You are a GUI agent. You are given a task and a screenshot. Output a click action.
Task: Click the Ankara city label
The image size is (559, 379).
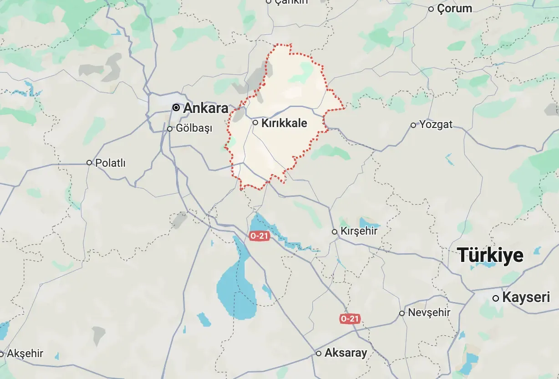coord(205,108)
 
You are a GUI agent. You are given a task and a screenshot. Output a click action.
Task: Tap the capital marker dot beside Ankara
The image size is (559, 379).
coord(176,108)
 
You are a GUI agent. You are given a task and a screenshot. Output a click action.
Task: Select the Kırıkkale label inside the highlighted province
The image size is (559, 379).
coord(284,123)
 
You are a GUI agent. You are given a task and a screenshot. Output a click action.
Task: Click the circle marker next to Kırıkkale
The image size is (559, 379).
coord(255,123)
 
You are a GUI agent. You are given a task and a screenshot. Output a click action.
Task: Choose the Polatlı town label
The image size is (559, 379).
coord(110,163)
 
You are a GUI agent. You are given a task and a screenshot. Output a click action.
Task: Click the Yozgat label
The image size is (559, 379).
coord(436,124)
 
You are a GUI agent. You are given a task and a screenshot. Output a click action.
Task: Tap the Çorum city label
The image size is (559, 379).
coord(454,9)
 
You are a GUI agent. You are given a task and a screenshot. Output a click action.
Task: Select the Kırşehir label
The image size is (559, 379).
coord(359,231)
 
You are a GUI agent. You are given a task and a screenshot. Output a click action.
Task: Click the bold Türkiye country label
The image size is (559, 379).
coord(490,255)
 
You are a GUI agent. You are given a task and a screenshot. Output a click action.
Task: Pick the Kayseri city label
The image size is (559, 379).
coord(526,298)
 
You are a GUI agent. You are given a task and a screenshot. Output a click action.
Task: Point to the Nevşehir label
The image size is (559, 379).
coord(429,313)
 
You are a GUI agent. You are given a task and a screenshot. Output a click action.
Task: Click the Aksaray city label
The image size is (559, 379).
coord(346,353)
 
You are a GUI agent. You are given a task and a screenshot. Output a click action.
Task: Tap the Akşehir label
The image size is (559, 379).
coord(25,353)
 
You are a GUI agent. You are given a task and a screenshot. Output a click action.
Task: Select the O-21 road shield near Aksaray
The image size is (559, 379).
coord(350,319)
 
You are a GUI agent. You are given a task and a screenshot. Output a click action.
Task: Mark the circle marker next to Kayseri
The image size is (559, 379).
coord(496,298)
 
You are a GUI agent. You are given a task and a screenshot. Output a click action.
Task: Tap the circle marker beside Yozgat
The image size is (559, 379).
coord(413,125)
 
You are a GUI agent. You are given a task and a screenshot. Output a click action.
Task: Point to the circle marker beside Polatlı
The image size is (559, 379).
coord(89,163)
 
